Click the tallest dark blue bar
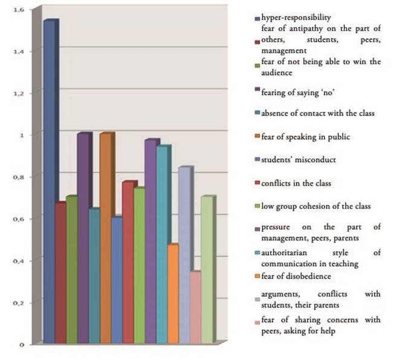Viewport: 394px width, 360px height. (x=50, y=182)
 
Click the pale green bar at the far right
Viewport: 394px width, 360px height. (x=207, y=269)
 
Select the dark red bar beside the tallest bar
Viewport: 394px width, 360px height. (x=60, y=272)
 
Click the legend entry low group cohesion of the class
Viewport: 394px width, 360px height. (x=315, y=206)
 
